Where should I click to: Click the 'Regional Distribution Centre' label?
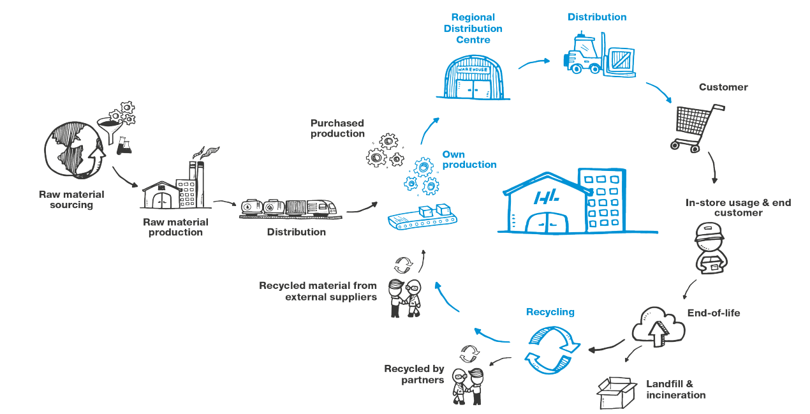coord(473,29)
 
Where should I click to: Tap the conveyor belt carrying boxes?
coord(423,218)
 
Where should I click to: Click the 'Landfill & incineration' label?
coord(675,389)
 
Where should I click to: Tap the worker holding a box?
coord(708,249)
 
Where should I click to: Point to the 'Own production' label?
coord(469,159)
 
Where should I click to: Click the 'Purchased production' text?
coord(337,128)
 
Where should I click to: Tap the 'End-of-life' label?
coord(713,313)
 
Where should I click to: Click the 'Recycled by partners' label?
coord(414,374)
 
